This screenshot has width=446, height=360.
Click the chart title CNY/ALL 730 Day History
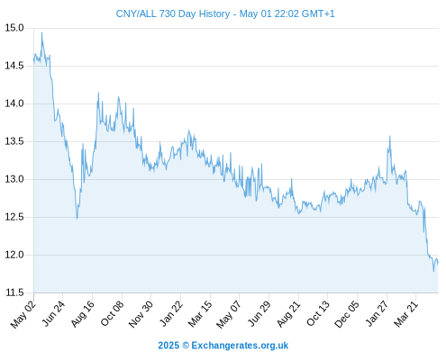click(x=173, y=13)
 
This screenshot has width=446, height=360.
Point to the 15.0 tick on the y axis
click(x=14, y=28)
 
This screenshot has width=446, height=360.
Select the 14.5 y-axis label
click(x=14, y=66)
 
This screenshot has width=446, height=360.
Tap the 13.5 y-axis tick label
click(x=14, y=141)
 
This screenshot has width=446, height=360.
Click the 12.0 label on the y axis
click(x=14, y=255)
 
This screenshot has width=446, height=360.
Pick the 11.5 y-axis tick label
click(x=14, y=292)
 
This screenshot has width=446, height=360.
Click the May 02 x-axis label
click(x=23, y=314)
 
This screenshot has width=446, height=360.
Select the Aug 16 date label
click(x=82, y=314)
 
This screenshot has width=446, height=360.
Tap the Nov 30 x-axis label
click(x=141, y=314)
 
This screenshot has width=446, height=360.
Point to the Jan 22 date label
click(x=170, y=314)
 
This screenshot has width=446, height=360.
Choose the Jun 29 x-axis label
click(x=259, y=314)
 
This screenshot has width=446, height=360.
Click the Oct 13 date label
click(x=318, y=314)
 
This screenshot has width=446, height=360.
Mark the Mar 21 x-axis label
click(x=406, y=314)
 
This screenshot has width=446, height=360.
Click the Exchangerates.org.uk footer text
click(x=240, y=346)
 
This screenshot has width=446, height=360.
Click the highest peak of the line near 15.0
click(x=41, y=32)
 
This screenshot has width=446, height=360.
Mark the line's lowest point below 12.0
click(x=433, y=271)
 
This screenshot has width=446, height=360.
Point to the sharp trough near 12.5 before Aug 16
click(x=77, y=219)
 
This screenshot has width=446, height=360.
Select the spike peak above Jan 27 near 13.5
click(x=390, y=136)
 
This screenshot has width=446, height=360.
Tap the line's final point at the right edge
click(x=438, y=262)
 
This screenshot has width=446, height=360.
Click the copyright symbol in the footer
click(x=186, y=346)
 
